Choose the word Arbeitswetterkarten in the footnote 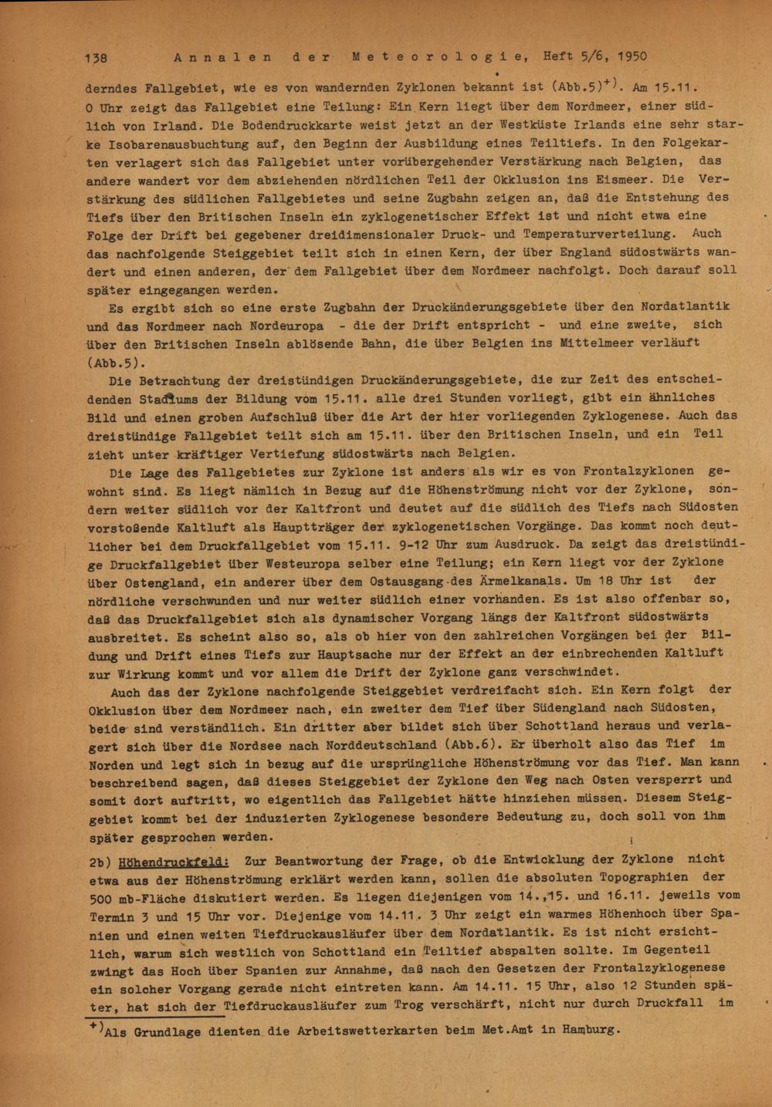tap(351, 1030)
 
